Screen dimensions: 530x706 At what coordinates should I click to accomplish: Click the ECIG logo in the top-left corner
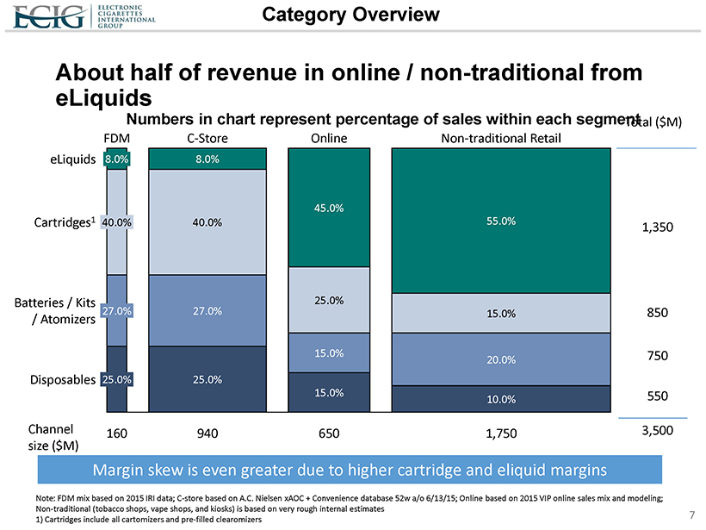[x=59, y=16]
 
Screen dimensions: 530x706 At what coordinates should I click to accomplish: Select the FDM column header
[x=116, y=138]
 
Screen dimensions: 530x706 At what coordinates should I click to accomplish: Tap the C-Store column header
[x=207, y=138]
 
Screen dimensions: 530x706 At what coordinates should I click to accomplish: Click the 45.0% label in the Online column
[x=329, y=208]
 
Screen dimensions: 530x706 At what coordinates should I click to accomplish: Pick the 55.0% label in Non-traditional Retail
[x=501, y=221]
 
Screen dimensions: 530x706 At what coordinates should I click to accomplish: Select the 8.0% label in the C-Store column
[x=207, y=159]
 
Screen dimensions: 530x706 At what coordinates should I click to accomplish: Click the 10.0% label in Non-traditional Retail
[x=501, y=399]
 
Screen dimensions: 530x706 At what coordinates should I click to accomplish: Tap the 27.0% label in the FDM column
[x=116, y=310]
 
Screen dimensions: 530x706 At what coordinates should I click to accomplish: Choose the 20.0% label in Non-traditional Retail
[x=501, y=359]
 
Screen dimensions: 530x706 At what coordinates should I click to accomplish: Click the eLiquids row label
[x=72, y=159]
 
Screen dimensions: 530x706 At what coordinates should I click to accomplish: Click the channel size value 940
[x=207, y=434]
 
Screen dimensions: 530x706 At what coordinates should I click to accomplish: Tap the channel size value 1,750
[x=501, y=434]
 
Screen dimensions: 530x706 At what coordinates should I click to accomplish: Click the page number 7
[x=691, y=515]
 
